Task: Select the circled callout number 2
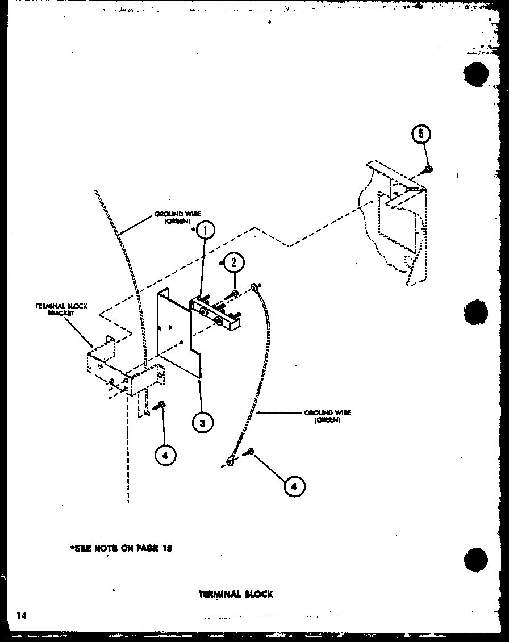pyautogui.click(x=233, y=262)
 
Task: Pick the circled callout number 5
pyautogui.click(x=421, y=134)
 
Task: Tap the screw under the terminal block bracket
pyautogui.click(x=161, y=405)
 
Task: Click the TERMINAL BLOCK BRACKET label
pyautogui.click(x=61, y=309)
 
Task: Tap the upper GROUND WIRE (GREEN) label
pyautogui.click(x=177, y=218)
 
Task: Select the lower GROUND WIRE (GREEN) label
pyautogui.click(x=327, y=416)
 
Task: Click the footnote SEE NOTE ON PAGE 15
pyautogui.click(x=120, y=548)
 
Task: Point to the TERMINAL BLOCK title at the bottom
pyautogui.click(x=236, y=594)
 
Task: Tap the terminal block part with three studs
pyautogui.click(x=216, y=314)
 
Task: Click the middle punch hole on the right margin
pyautogui.click(x=475, y=312)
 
